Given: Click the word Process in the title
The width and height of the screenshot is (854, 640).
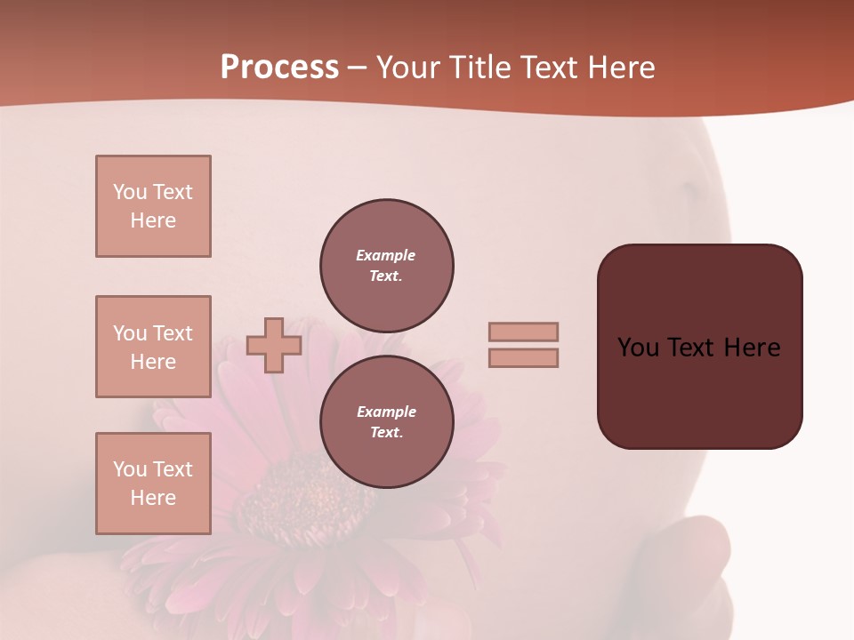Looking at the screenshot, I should (x=279, y=68).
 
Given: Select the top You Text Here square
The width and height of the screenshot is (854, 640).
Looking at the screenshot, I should (x=153, y=206).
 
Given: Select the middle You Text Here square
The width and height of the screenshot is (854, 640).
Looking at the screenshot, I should (x=153, y=347).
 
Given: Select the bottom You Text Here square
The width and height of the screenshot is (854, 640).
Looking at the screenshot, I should (x=153, y=483).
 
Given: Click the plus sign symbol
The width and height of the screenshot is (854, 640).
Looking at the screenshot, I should (x=274, y=345).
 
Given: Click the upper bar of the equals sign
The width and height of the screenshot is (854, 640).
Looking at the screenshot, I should (x=523, y=332).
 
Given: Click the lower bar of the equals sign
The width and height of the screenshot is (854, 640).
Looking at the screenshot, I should (x=523, y=357).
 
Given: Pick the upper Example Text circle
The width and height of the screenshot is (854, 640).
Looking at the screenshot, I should (x=386, y=266).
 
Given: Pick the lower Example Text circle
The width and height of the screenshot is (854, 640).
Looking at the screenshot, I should (x=386, y=422).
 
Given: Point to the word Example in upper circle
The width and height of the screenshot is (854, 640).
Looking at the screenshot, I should (x=385, y=255).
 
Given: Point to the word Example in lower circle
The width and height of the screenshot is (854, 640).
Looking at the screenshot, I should (x=386, y=412).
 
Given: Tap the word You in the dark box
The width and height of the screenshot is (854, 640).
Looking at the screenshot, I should (x=638, y=348).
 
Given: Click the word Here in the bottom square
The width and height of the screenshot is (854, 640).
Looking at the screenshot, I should (x=153, y=498).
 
